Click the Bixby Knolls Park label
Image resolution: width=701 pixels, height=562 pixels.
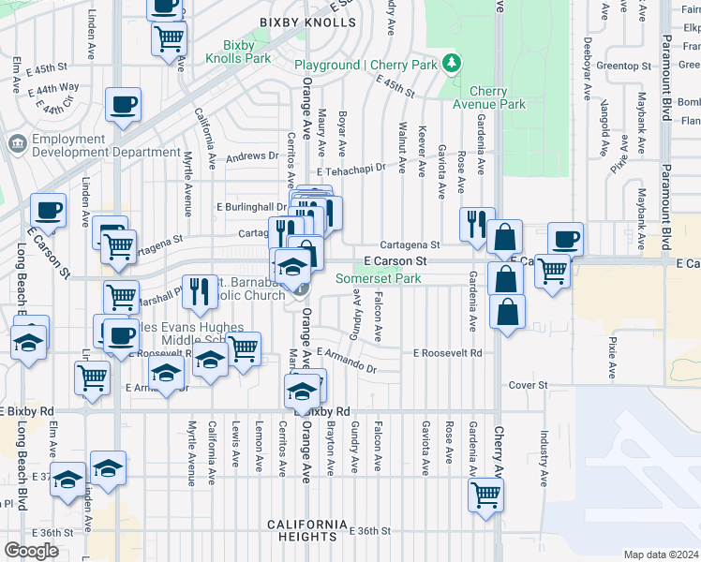point(246,52)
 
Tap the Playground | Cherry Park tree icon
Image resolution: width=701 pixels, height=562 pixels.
point(454,63)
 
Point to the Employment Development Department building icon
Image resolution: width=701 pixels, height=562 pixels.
point(16,144)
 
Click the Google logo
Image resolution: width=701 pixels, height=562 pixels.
point(31,551)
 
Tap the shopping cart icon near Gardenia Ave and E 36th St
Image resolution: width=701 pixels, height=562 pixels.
point(486,493)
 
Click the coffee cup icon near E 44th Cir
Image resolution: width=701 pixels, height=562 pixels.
point(124,104)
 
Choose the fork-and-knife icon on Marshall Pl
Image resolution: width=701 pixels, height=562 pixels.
point(199,290)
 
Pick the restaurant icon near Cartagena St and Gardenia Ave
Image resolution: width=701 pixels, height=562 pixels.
point(477,223)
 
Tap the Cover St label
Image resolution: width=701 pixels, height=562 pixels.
point(528,385)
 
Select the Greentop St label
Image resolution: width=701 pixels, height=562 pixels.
point(623,66)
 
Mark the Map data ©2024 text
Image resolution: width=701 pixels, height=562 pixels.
point(661,555)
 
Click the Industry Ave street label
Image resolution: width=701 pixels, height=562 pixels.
point(544,459)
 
